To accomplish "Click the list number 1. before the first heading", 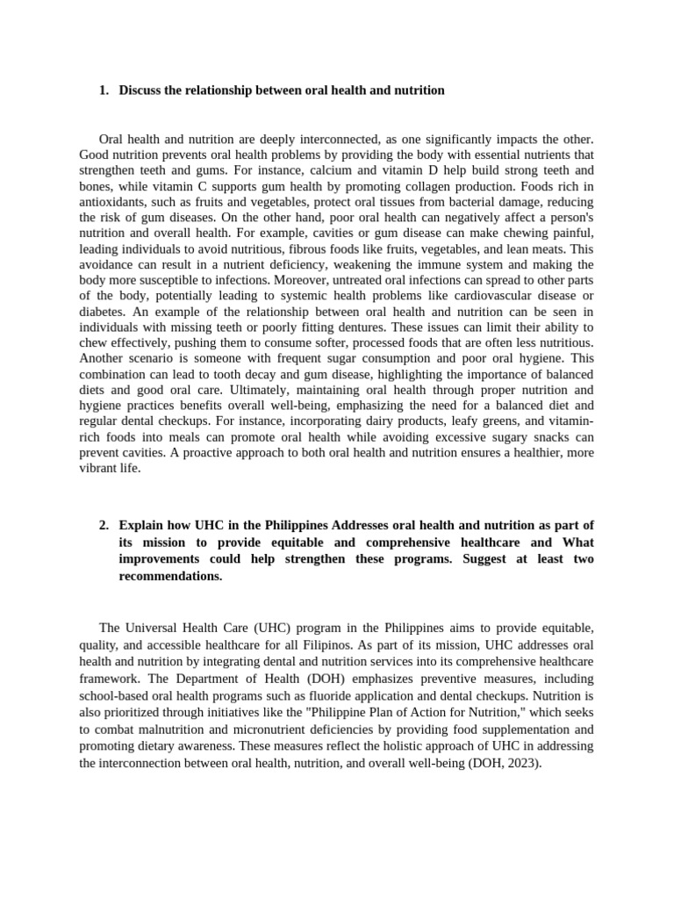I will click(x=104, y=90).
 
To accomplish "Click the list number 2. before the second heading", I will click(x=104, y=525).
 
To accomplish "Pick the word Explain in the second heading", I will click(x=141, y=525).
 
